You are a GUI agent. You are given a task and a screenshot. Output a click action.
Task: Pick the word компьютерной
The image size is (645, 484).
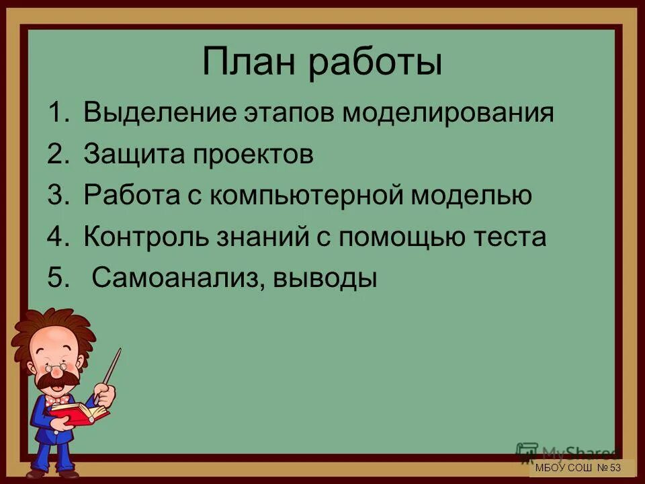(x=308, y=196)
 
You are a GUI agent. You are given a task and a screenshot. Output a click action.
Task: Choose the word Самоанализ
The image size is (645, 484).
(x=171, y=278)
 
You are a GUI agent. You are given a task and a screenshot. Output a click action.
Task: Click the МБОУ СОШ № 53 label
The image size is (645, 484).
(x=578, y=468)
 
